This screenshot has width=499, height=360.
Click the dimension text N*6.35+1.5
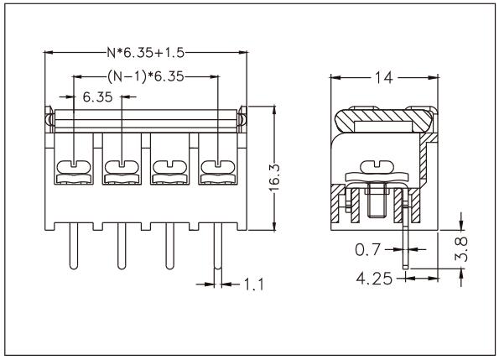(x=146, y=53)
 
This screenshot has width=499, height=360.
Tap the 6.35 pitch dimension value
(x=98, y=97)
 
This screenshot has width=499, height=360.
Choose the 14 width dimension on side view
(x=384, y=77)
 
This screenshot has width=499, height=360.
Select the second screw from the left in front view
(x=122, y=164)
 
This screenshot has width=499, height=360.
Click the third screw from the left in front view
(x=169, y=164)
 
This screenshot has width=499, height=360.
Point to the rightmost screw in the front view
(x=216, y=164)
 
